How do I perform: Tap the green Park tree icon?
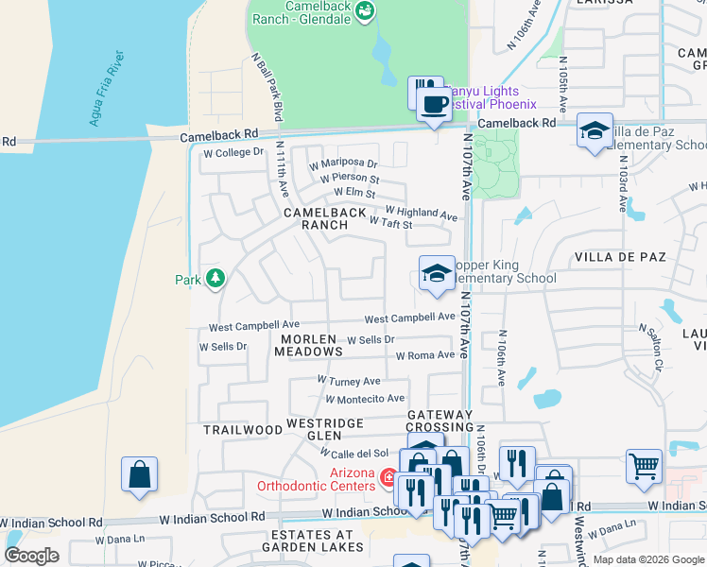coord(216,278)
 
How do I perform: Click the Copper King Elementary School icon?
coord(436,274)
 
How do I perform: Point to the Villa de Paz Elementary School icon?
coord(594,131)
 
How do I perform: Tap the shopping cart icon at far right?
coord(644,465)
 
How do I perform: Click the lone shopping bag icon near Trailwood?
coord(140,473)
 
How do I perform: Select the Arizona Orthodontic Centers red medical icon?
coord(387,479)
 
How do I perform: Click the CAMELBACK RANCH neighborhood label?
coord(325,219)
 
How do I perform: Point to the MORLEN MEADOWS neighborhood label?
coord(308,345)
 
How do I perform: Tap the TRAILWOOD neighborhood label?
coord(243,429)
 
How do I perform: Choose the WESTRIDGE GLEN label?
coord(326,429)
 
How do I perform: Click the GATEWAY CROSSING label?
coord(440,421)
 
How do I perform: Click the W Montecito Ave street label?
coord(365,399)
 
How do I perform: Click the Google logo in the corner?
coord(32,555)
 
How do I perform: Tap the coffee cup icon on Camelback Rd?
coord(435,103)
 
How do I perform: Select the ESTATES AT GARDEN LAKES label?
coord(312,541)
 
